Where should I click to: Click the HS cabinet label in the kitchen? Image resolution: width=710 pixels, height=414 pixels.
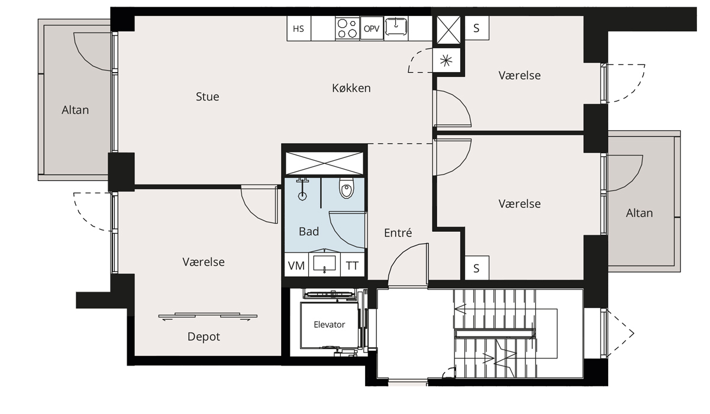coord(298,29)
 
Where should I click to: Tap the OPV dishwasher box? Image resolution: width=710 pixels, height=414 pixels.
coord(372,28)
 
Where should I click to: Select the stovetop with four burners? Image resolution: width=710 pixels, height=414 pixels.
coord(347,28)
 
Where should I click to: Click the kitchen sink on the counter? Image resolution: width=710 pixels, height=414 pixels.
coord(396,27)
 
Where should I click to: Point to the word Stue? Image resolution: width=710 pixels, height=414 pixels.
coord(207,96)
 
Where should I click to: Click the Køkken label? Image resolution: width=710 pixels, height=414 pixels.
coord(351,88)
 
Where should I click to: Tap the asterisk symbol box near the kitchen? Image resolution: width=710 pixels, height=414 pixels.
coord(446,60)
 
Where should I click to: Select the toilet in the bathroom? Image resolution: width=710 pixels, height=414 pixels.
coord(347,188)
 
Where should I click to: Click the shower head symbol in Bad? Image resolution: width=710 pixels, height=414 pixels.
coord(302,189)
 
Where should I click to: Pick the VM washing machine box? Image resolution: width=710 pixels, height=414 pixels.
coord(296,265)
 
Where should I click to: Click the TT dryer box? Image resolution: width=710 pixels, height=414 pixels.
coord(352,265)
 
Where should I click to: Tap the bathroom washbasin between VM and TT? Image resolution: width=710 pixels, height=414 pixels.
coord(324,264)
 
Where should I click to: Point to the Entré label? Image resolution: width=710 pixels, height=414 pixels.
coord(398,233)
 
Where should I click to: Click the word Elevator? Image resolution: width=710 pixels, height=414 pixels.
coord(330,324)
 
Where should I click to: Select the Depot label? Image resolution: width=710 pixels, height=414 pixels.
coord(204,337)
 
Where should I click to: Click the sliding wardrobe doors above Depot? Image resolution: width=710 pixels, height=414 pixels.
coord(208,316)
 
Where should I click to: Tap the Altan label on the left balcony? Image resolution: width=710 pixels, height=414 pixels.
coord(75,110)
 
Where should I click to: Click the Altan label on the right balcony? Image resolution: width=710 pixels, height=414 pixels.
coord(640,213)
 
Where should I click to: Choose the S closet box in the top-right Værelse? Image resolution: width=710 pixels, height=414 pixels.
coord(477,28)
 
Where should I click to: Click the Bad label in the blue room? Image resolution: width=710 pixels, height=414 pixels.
coord(309,232)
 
